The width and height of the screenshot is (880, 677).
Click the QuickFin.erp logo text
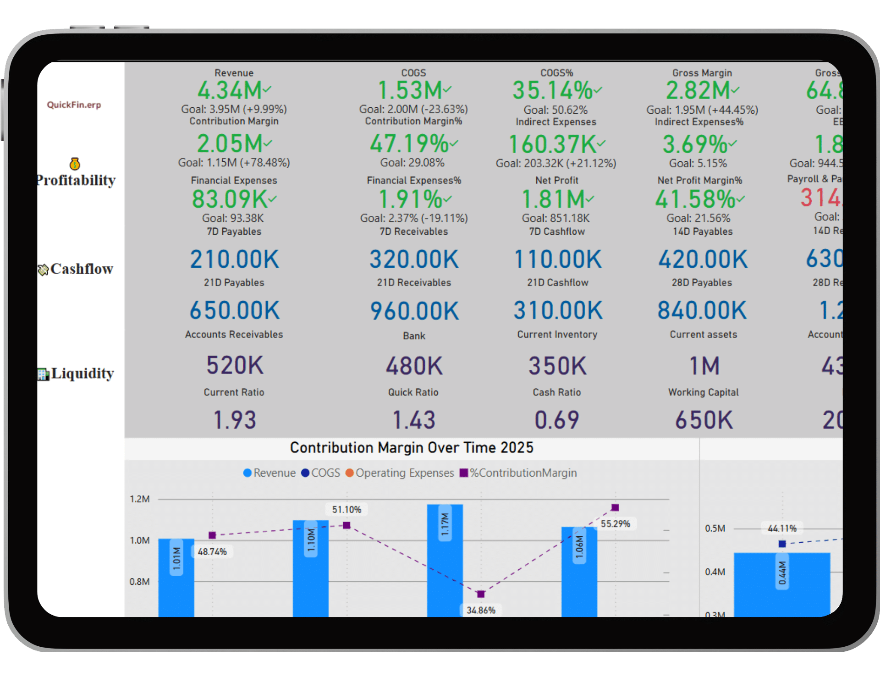click(74, 105)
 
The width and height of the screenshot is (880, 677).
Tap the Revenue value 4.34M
click(230, 90)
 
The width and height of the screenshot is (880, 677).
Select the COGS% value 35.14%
click(553, 90)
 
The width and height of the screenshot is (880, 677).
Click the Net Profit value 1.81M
click(554, 199)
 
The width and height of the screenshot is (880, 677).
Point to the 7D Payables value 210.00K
click(234, 259)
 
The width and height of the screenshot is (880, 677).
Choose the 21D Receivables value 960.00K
click(414, 311)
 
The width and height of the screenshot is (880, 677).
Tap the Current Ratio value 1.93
click(235, 420)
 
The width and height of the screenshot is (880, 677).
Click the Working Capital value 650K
click(704, 420)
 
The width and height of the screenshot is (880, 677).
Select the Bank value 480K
click(414, 366)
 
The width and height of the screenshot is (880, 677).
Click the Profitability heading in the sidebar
click(76, 180)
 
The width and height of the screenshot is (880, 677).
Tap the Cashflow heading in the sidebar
click(82, 269)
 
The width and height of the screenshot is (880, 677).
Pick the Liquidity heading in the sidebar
click(82, 374)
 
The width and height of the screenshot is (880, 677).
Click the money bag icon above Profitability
click(75, 164)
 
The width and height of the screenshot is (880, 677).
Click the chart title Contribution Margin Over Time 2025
click(412, 447)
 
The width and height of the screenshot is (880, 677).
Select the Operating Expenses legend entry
click(400, 473)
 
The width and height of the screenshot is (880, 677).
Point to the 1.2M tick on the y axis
click(140, 499)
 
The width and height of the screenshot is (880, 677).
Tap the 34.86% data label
click(481, 610)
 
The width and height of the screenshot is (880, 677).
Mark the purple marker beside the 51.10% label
click(346, 525)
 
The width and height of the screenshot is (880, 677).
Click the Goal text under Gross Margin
click(702, 110)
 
